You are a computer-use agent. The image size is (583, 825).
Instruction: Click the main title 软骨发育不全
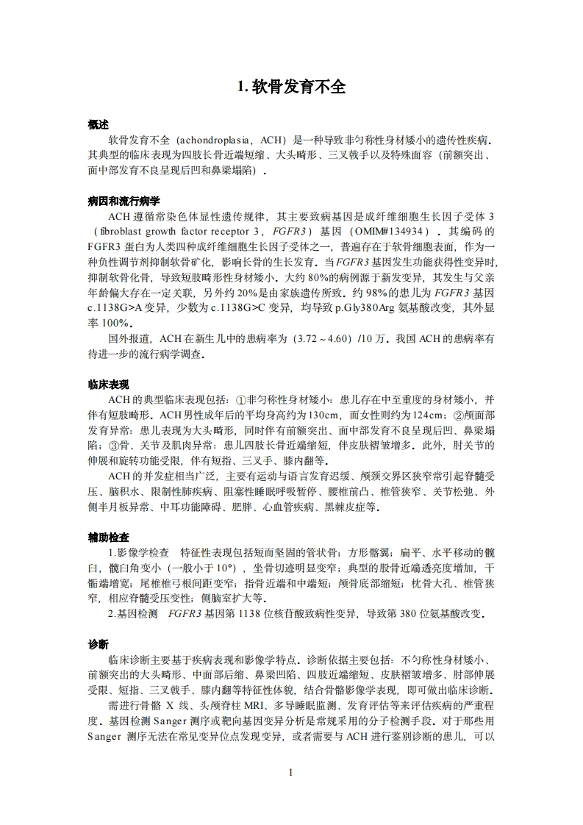click(291, 87)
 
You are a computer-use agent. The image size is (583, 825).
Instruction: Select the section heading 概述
click(98, 124)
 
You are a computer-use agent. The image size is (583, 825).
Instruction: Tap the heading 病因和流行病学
click(124, 201)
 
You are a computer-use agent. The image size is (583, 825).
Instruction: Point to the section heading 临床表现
click(108, 384)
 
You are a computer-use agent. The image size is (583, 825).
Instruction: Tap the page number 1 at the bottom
click(291, 771)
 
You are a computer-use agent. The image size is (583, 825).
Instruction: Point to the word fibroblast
click(113, 231)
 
